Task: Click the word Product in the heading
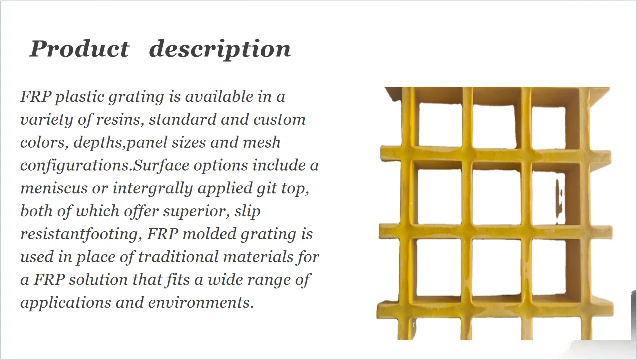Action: coord(79,49)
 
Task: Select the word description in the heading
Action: coord(220,49)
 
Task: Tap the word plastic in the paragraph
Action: coord(81,97)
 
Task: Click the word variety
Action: coord(42,120)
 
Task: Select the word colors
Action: coord(44,143)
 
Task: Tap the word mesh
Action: coord(261,143)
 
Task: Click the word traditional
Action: coord(178,257)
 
